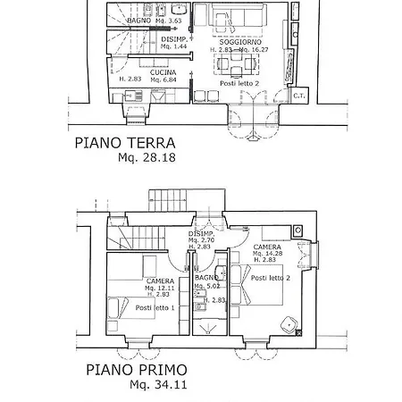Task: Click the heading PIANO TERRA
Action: point(124,143)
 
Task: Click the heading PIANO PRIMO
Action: point(137,369)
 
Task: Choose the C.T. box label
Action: point(298,95)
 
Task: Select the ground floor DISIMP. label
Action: point(174,40)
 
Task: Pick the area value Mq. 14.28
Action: point(268,254)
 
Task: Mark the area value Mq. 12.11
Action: point(161,288)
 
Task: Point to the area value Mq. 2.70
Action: point(200,241)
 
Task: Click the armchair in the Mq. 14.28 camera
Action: point(288,323)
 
